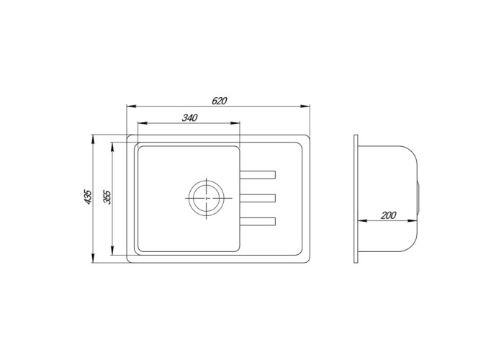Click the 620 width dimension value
coord(220,101)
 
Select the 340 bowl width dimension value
coord(189,117)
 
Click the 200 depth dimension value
coord(389,215)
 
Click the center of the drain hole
coord(207,197)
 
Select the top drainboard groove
coord(257,174)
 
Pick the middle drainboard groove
coord(257,197)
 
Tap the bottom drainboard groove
coord(257,220)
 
